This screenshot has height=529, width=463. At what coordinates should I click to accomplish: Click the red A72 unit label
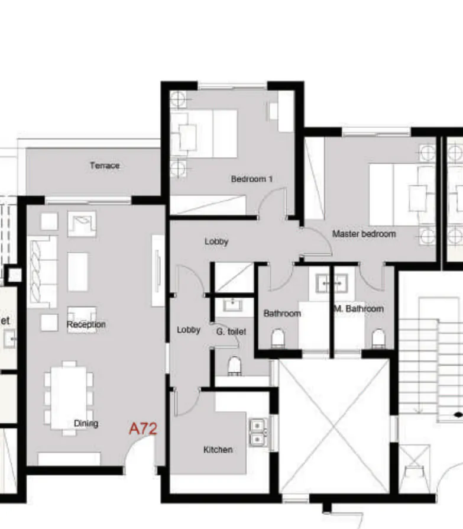coord(143,428)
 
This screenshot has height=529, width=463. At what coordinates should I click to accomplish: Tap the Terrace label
coord(105,166)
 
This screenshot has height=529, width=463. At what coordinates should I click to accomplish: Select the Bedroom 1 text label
coord(251,179)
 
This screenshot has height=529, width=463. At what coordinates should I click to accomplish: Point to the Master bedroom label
coord(364,234)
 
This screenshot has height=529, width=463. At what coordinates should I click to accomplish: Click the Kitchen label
coord(218,450)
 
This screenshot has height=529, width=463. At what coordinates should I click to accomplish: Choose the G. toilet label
coord(231,332)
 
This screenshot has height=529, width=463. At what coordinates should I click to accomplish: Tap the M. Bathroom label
coord(358,309)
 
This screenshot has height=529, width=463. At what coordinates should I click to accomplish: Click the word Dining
coord(86,423)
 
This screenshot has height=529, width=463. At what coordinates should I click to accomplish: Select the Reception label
coord(86,324)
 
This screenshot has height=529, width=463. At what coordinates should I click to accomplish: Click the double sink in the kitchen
coord(258,432)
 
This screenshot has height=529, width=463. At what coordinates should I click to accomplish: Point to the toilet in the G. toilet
coord(235,365)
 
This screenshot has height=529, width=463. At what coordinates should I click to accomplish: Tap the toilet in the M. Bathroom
coord(378,338)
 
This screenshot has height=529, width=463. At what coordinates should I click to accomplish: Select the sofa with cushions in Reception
coord(43,271)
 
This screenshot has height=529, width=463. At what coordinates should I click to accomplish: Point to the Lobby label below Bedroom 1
coord(216,241)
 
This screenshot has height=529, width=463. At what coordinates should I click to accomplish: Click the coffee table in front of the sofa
coord(77,272)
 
